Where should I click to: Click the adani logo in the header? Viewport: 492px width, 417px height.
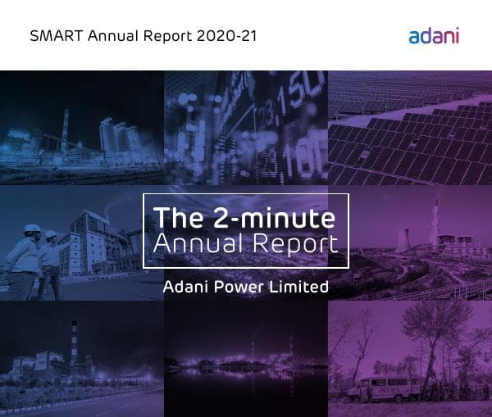pos(434,35)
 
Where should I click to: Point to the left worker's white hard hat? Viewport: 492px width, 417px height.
pos(32,229)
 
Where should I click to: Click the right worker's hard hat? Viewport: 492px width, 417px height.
pos(51,234)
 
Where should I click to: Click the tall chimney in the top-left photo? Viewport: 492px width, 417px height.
pos(64,131)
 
